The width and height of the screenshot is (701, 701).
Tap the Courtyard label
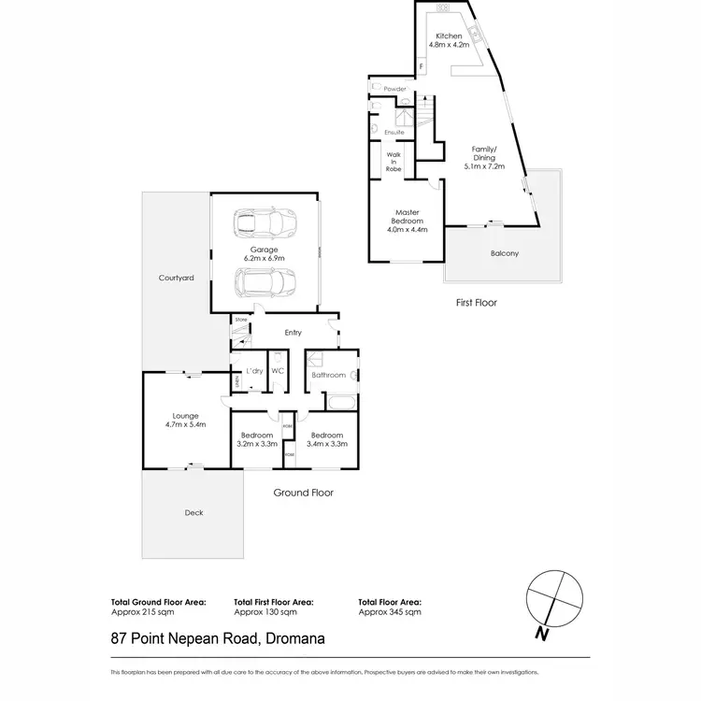click(x=176, y=279)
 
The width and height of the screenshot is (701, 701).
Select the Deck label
click(x=193, y=512)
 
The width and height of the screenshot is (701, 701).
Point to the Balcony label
click(x=504, y=253)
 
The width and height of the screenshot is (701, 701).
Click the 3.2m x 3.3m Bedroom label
click(x=256, y=440)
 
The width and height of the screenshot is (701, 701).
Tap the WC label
click(x=277, y=372)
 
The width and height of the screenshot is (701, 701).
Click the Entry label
click(x=293, y=331)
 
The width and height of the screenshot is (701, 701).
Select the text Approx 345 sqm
click(x=390, y=612)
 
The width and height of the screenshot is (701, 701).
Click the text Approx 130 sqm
click(x=265, y=612)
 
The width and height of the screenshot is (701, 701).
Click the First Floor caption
click(x=476, y=303)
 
